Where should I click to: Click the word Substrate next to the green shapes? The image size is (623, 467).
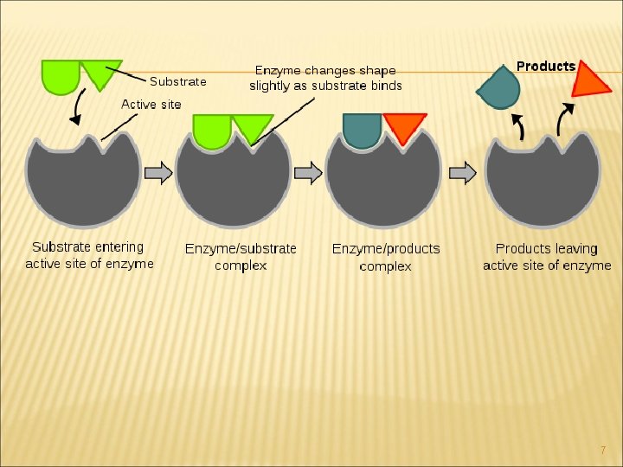coord(178,81)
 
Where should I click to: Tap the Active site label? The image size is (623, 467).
coord(151,104)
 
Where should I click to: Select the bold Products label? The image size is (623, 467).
coord(545,66)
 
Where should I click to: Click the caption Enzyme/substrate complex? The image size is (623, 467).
coord(241,257)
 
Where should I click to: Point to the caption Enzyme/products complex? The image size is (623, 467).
coord(386,257)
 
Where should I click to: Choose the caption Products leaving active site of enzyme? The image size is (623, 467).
coord(547,257)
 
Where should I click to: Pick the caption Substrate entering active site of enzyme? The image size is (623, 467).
coord(89,256)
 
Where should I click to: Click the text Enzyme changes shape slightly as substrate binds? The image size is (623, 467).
coord(325,78)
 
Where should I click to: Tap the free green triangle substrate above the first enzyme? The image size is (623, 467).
coord(99,73)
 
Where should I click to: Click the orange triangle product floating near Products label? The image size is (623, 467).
coord(592,79)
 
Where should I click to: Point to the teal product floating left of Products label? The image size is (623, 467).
coord(499,87)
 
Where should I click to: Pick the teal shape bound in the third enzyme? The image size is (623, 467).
coord(363,130)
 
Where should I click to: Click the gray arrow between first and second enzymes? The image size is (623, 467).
coord(157,173)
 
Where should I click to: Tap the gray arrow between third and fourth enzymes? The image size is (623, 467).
coord(463,173)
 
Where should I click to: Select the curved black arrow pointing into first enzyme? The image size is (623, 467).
coord(77,107)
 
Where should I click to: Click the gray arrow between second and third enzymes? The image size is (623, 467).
coord(308,173)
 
